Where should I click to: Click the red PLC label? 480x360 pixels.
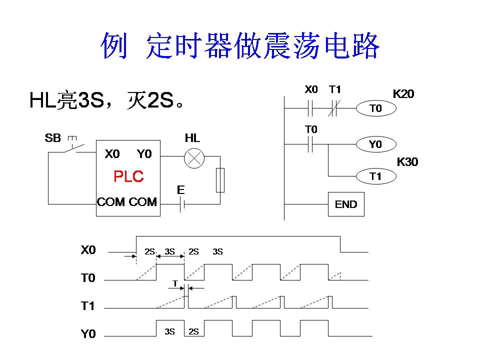click(x=128, y=176)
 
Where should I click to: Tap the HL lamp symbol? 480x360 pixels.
click(x=192, y=158)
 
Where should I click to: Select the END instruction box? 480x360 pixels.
click(x=346, y=204)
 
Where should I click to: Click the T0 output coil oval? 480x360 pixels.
click(x=375, y=108)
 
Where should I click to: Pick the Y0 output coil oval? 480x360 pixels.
click(x=375, y=144)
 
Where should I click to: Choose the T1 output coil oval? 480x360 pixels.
click(x=375, y=176)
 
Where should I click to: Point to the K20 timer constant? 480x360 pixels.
click(x=403, y=93)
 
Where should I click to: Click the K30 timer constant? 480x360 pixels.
click(x=407, y=162)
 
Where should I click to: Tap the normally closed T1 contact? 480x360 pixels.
click(x=334, y=108)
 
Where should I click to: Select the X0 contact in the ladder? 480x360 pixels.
click(x=310, y=108)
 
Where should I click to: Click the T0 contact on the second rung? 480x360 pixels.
click(x=310, y=144)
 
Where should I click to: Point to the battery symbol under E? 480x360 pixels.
click(x=182, y=204)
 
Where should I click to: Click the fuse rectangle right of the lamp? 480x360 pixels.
click(x=220, y=180)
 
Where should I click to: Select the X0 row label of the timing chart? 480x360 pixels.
click(x=88, y=250)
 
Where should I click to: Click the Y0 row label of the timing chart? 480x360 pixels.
click(x=88, y=334)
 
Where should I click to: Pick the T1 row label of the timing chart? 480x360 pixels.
click(x=88, y=306)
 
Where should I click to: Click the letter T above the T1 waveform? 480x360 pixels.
click(x=175, y=283)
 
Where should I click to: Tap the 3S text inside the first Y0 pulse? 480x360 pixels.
click(x=169, y=331)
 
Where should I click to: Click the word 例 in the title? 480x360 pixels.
click(x=114, y=46)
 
